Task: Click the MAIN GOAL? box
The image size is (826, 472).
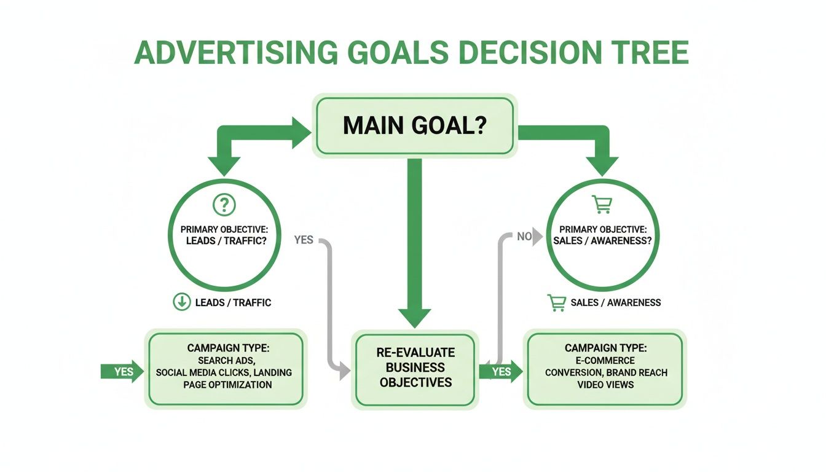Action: pos(414,125)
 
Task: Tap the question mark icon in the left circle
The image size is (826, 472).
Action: pos(224,204)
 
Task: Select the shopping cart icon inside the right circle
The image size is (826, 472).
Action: pos(602,203)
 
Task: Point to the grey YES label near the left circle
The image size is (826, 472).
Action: pos(304,240)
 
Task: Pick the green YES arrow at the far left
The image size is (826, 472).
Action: pos(122,372)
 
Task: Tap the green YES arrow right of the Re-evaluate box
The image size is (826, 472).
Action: pos(501,372)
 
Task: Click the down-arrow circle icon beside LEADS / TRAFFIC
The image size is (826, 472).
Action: pos(181,302)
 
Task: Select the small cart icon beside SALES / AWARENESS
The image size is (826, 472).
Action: pos(556,302)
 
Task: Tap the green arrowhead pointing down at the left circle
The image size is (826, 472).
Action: pos(224,165)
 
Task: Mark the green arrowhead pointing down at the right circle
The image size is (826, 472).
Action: pos(602,165)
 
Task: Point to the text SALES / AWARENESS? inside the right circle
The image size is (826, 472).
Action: pos(602,241)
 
